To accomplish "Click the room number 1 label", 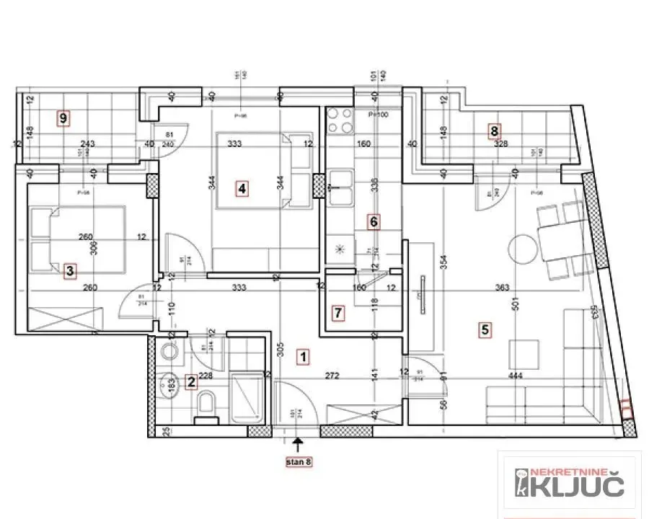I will (x=304, y=356).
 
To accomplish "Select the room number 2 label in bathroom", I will (x=191, y=382).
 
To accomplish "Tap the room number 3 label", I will (x=69, y=271).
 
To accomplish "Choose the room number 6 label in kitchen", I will (x=373, y=221).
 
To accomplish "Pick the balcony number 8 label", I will (x=494, y=131).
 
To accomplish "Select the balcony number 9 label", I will (x=64, y=117).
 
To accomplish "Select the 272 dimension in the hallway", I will (x=333, y=376).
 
